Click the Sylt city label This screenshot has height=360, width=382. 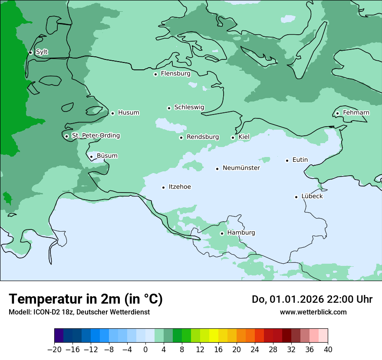point(42,52)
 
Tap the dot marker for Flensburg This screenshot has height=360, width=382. point(155,74)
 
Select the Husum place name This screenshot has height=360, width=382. point(128,113)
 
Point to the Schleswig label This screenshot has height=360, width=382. point(189,107)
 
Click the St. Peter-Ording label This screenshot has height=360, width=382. point(95,136)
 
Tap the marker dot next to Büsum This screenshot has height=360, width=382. point(91,157)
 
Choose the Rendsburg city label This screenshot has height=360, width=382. point(202,137)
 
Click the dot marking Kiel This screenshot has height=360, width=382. point(233,137)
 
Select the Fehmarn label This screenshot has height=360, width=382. point(356,113)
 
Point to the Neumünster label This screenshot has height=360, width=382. point(241,168)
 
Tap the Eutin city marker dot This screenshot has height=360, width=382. point(287,160)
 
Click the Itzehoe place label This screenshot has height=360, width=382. point(179,187)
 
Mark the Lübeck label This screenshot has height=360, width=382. point(312,196)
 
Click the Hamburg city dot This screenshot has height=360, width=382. point(222,233)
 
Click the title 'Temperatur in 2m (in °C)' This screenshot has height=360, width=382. point(86,299)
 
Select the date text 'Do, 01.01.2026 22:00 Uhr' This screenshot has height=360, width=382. point(312,299)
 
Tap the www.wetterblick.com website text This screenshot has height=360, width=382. point(313,312)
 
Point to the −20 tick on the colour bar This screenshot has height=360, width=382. point(54,349)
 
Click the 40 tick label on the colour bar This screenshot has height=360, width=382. point(328,349)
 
